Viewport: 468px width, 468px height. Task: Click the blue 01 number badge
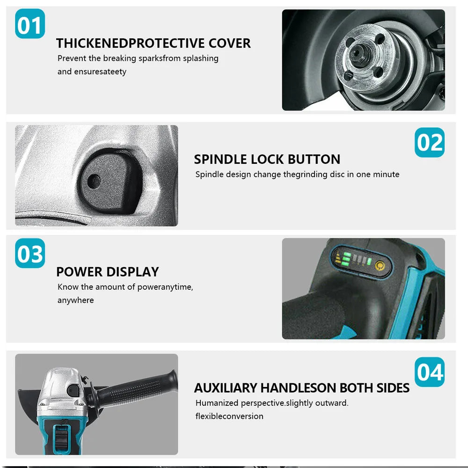[x=30, y=24]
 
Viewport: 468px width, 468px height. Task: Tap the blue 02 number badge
[x=429, y=142]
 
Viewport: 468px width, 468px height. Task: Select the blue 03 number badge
[x=30, y=253]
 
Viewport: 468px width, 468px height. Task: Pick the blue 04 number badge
[x=429, y=372]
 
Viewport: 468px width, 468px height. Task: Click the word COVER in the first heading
[x=230, y=43]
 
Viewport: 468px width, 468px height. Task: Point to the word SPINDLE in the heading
[x=220, y=159]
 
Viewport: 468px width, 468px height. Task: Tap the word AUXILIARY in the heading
[x=225, y=388]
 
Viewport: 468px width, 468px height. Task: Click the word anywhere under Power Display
[x=75, y=300]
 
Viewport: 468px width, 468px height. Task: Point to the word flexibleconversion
[x=229, y=416]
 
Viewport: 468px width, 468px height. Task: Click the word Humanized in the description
[x=217, y=403]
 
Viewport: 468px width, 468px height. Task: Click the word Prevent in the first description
[x=72, y=58]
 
